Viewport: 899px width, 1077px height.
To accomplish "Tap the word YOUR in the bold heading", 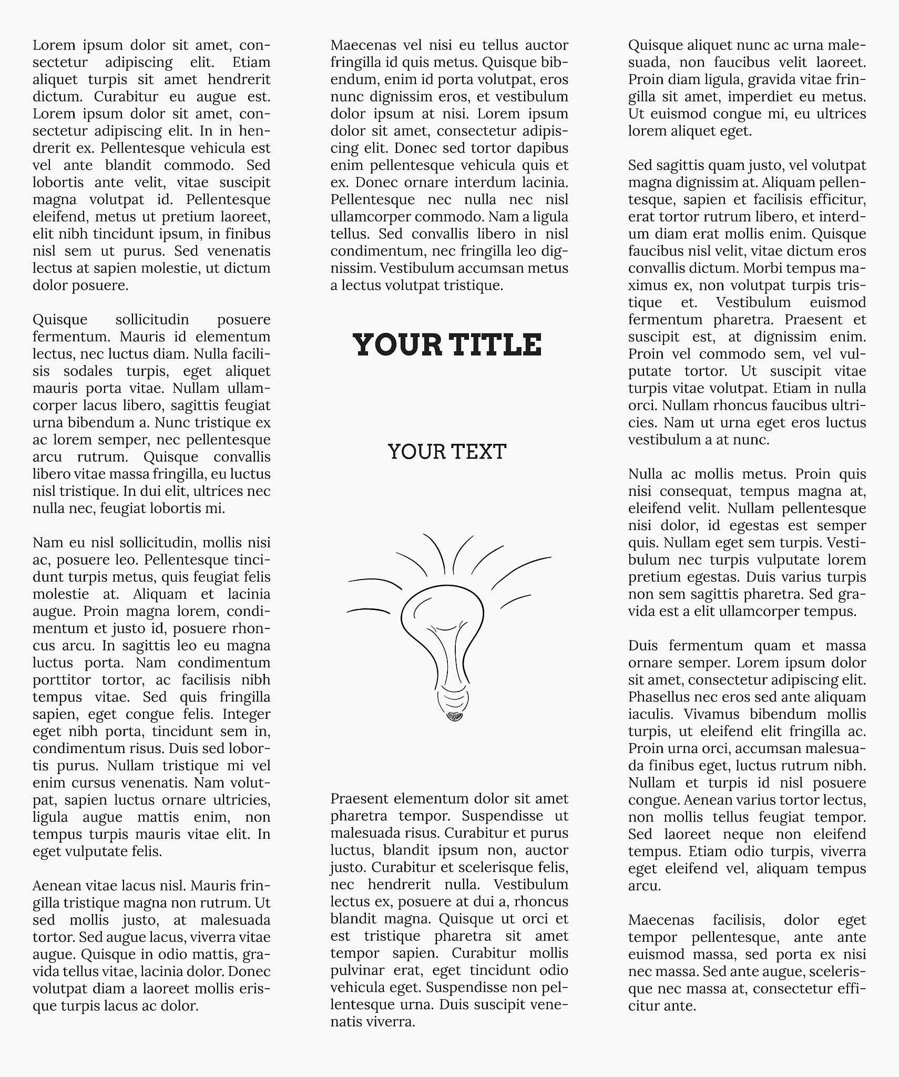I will pos(397,345).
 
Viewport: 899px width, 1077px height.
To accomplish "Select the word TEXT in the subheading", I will pos(477,452).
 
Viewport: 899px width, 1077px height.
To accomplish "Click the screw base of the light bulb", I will pos(453,699).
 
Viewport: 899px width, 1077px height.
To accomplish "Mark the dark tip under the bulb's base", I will pos(454,716).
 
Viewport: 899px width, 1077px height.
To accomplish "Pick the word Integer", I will pos(247,714).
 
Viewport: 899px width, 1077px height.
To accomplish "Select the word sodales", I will pos(88,371).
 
